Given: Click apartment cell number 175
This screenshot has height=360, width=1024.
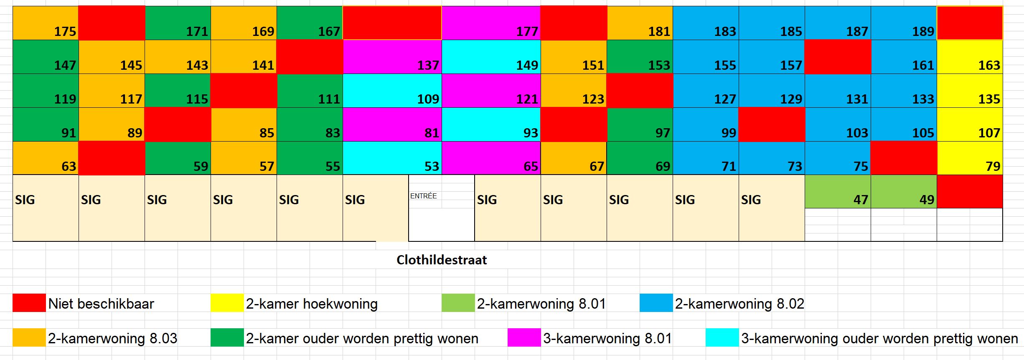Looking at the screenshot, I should click(46, 23).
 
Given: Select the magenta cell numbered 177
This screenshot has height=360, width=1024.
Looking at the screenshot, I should click(491, 23).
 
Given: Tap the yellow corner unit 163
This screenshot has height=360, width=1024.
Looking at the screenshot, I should click(970, 57).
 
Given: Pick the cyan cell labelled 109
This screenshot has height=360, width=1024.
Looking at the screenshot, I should click(392, 91).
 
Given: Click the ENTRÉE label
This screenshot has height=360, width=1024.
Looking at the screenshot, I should click(423, 196).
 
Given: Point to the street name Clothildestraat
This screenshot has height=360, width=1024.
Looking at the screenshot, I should click(442, 260).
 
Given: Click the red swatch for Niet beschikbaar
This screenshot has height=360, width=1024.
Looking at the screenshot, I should click(29, 303).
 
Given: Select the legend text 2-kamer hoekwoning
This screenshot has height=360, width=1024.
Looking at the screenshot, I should click(312, 304).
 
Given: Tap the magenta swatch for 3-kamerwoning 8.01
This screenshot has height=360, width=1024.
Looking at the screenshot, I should click(524, 338).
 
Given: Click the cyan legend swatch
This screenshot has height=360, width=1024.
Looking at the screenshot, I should click(722, 338).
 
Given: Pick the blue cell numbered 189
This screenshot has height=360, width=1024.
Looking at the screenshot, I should click(904, 23).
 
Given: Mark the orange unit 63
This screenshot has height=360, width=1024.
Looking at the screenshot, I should click(46, 158).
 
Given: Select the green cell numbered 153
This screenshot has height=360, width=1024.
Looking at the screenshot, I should click(640, 57).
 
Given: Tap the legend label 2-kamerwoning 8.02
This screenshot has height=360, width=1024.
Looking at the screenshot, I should click(739, 304).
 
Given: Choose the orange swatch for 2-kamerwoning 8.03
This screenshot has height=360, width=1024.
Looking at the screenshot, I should click(29, 338).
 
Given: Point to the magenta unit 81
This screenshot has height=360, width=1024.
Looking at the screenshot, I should click(392, 125).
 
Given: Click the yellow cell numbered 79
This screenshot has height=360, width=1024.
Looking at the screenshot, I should click(970, 158).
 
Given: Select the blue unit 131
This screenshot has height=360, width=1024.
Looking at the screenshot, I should click(838, 91).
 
